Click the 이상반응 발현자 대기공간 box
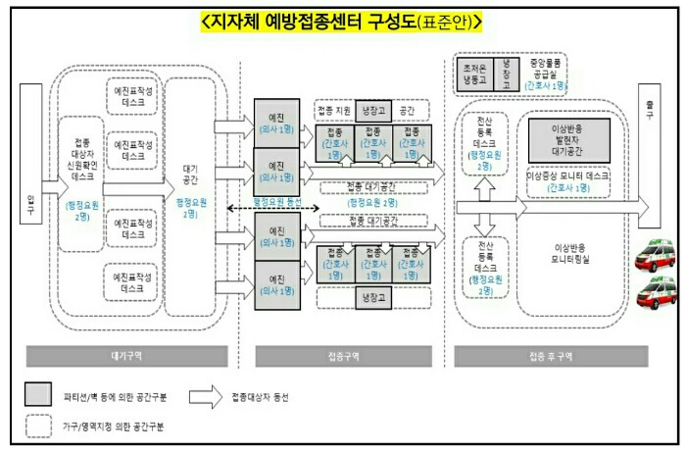(x=569, y=140)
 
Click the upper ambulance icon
(x=654, y=259)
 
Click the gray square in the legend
(x=39, y=395)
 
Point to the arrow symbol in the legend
(x=205, y=395)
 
